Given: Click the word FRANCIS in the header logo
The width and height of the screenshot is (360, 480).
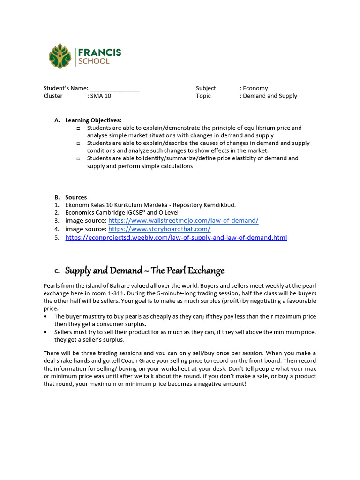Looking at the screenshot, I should [99, 52].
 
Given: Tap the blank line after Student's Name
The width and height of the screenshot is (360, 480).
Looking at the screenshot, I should [114, 89].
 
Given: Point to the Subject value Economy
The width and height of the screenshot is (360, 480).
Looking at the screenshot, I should [255, 88].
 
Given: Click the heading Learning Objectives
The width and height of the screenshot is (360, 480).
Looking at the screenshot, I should [93, 120].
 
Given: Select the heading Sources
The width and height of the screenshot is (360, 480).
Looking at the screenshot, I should [76, 197].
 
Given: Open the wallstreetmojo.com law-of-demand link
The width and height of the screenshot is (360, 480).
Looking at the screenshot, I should [183, 220].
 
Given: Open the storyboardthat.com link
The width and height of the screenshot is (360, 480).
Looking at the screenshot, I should [159, 229].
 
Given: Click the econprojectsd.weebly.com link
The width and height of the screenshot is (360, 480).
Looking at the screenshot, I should [176, 238].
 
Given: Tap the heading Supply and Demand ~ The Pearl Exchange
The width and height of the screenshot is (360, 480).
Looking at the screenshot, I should [144, 270].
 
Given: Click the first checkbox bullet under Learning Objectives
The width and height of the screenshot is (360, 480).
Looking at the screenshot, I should [78, 128].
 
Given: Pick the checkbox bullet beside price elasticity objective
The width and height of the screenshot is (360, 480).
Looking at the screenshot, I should [78, 158].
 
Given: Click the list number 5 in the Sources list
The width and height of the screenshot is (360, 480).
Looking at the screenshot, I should [56, 238].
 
